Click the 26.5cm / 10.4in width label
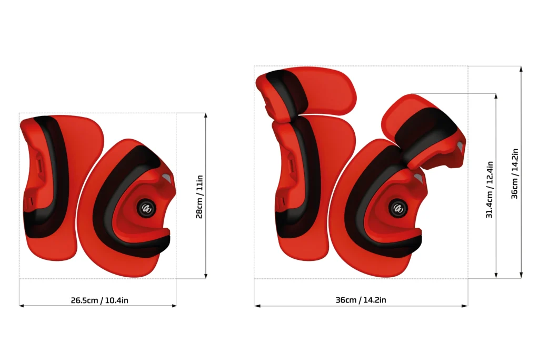(99, 300)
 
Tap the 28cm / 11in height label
(199, 197)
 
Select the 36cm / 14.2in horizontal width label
(361, 300)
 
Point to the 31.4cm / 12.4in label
(490, 190)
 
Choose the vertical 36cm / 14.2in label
(515, 173)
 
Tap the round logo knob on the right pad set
(398, 208)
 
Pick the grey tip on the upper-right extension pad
(460, 147)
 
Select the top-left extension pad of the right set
(306, 92)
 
